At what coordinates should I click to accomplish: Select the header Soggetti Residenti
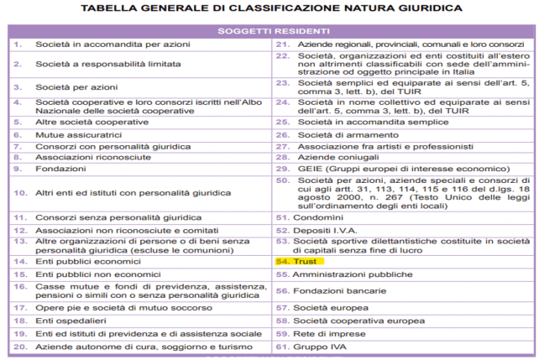(269, 28)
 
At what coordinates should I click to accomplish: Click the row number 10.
(18, 192)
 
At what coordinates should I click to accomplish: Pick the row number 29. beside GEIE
(280, 168)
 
